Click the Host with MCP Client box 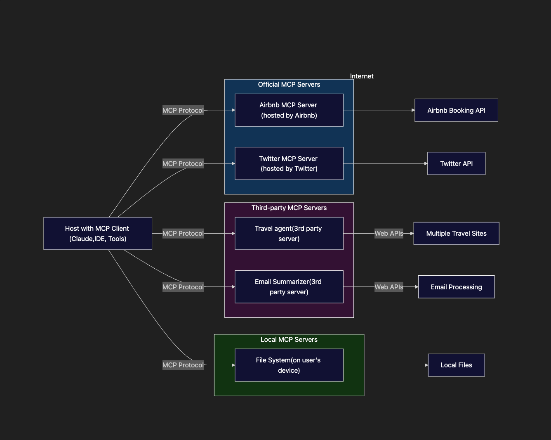pyautogui.click(x=98, y=233)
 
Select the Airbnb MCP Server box pyautogui.click(x=289, y=110)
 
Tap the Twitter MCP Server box pyautogui.click(x=289, y=163)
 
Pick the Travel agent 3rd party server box pyautogui.click(x=289, y=233)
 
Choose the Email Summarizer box pyautogui.click(x=289, y=287)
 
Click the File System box pyautogui.click(x=289, y=365)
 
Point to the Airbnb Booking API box pyautogui.click(x=456, y=110)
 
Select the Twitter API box pyautogui.click(x=456, y=163)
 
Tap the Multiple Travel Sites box pyautogui.click(x=456, y=233)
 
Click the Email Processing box pyautogui.click(x=456, y=287)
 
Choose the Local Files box pyautogui.click(x=456, y=365)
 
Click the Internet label pyautogui.click(x=362, y=76)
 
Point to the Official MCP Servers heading pyautogui.click(x=289, y=84)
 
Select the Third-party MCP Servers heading pyautogui.click(x=289, y=208)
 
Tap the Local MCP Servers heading pyautogui.click(x=289, y=339)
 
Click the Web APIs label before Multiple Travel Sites pyautogui.click(x=389, y=233)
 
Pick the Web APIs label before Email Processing pyautogui.click(x=389, y=287)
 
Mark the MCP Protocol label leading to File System pyautogui.click(x=183, y=365)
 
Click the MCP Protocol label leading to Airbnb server pyautogui.click(x=183, y=110)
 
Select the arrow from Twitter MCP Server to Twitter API pyautogui.click(x=385, y=163)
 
